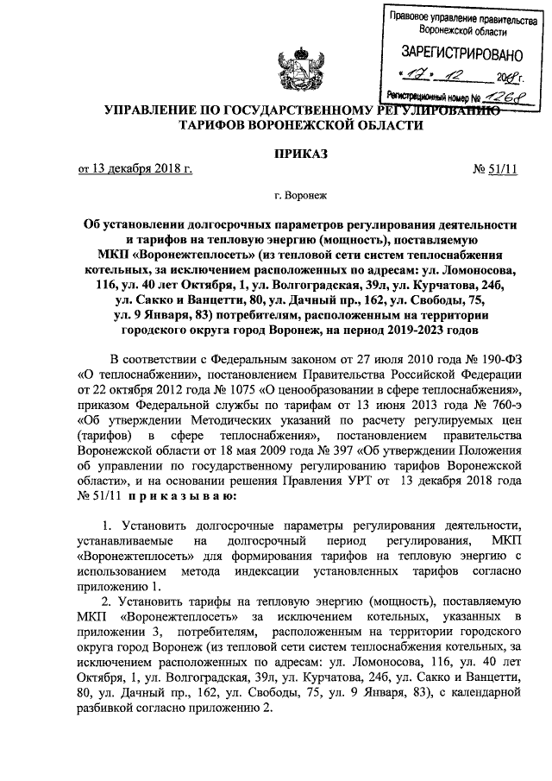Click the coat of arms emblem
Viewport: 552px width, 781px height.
[x=295, y=71]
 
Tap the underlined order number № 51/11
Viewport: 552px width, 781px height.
[x=496, y=169]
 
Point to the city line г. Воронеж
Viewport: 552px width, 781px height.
[x=300, y=197]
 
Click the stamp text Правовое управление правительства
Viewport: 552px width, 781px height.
[x=451, y=17]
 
